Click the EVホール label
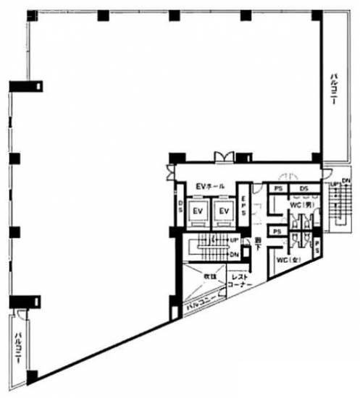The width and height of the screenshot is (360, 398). [x=210, y=187]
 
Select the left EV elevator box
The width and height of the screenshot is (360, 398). [x=197, y=211]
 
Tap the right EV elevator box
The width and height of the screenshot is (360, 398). [x=225, y=211]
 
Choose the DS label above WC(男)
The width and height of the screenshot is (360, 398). [x=303, y=188]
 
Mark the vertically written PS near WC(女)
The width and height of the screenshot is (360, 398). [x=317, y=247]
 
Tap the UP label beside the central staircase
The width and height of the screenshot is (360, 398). [x=234, y=240]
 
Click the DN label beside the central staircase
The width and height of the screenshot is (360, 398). [x=234, y=254]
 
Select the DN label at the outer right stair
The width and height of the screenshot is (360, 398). [x=346, y=181]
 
